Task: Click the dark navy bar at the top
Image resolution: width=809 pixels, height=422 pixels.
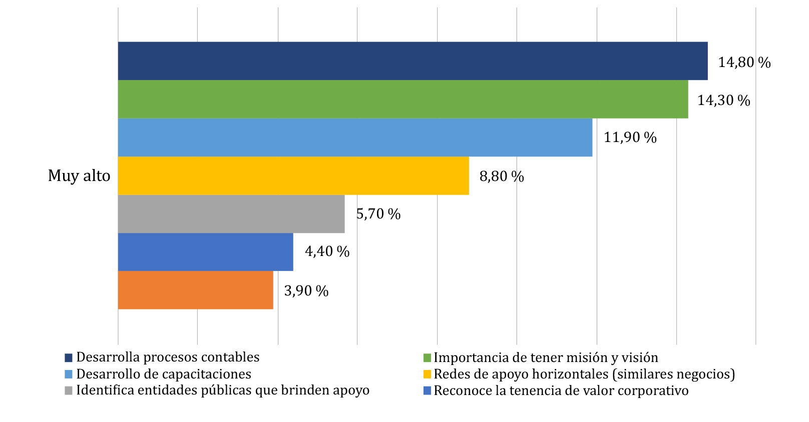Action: point(413,61)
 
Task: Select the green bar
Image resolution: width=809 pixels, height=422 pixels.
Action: point(403,99)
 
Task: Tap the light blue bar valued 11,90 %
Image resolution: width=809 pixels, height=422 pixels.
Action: point(355,137)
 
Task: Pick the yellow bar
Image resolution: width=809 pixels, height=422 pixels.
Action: point(293,176)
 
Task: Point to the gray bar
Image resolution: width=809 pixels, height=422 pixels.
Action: point(231,214)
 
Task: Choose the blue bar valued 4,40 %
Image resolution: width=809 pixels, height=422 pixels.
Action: point(205,252)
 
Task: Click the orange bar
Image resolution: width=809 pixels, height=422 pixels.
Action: point(195,290)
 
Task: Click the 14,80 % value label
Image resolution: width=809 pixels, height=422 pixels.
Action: point(744,62)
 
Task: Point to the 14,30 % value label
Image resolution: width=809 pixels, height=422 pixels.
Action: point(723,100)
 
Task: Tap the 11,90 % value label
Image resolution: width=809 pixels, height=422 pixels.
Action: point(630,137)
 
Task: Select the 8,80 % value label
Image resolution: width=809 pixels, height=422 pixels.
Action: point(501,176)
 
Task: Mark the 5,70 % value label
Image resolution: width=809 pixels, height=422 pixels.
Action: point(378,214)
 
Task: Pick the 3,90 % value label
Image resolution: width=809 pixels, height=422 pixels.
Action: point(306,291)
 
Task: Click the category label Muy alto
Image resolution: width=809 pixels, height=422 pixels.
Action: point(79,176)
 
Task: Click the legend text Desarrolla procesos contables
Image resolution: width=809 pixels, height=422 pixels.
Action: point(168,357)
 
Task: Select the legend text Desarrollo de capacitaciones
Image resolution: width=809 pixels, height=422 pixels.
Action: point(164,374)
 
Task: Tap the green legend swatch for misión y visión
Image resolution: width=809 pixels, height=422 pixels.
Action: point(427,358)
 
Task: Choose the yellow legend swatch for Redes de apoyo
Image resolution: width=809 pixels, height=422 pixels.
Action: point(427,374)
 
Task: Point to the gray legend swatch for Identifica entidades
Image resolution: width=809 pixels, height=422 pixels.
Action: point(69,391)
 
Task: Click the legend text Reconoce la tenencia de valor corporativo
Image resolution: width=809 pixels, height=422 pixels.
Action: point(561,390)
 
